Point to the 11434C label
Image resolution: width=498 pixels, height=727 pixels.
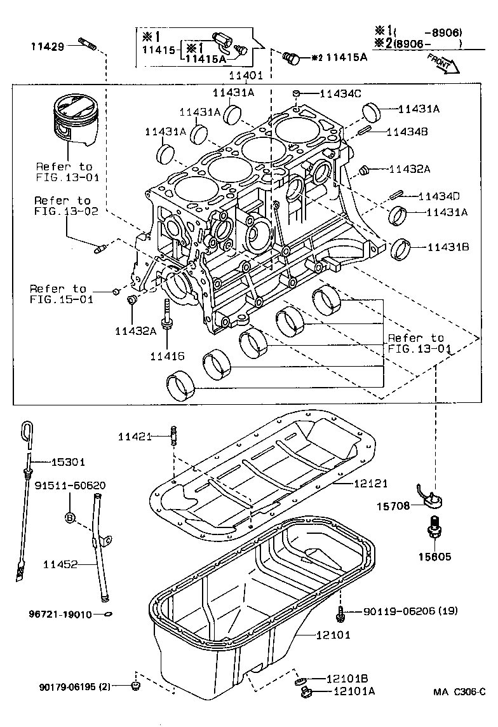coord(340,93)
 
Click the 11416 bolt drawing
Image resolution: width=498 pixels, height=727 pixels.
coord(168,315)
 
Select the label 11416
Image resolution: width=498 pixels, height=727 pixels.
coord(167,357)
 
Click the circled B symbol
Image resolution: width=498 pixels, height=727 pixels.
coord(69,518)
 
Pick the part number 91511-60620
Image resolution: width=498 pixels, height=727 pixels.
coord(70,486)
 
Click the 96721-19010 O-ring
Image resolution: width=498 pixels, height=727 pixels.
coord(108,615)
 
